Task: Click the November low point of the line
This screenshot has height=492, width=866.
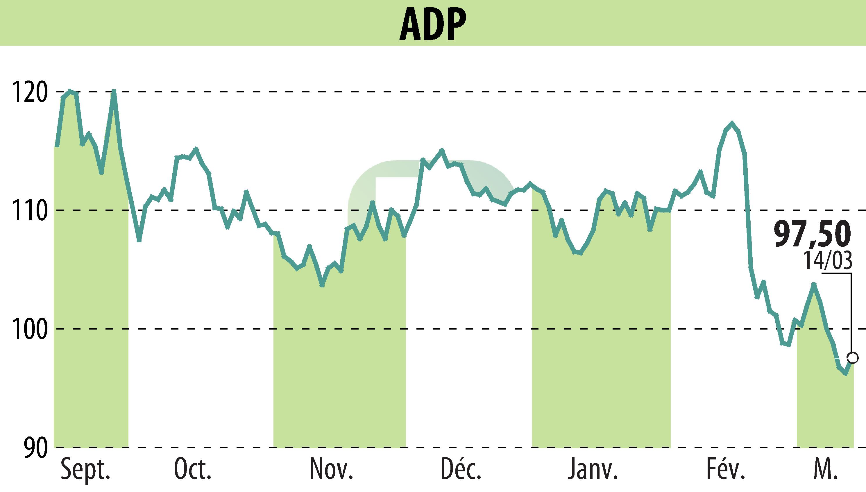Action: click(322, 285)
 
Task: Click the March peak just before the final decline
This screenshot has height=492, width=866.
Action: click(814, 284)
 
